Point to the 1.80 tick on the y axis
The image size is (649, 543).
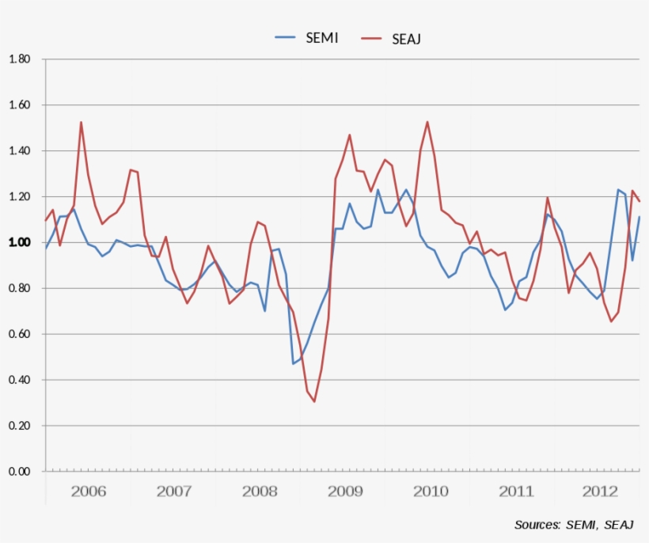pyautogui.click(x=19, y=59)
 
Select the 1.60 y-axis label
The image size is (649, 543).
pyautogui.click(x=19, y=105)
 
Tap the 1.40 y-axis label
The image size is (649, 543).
pyautogui.click(x=19, y=151)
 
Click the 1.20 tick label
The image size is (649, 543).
pyautogui.click(x=19, y=197)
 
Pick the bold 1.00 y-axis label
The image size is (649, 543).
pyautogui.click(x=19, y=243)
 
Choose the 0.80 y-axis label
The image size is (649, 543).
pyautogui.click(x=19, y=289)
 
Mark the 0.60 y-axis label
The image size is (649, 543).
pyautogui.click(x=19, y=335)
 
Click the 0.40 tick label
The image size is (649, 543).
pyautogui.click(x=19, y=381)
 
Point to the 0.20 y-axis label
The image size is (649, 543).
pyautogui.click(x=19, y=427)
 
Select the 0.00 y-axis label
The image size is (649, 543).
pyautogui.click(x=19, y=472)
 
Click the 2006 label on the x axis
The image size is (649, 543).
pyautogui.click(x=89, y=492)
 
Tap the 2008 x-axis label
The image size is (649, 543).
pyautogui.click(x=260, y=492)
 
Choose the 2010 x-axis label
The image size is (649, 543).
pyautogui.click(x=431, y=492)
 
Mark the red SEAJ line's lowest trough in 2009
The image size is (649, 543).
pyautogui.click(x=314, y=401)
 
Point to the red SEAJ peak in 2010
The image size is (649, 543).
pyautogui.click(x=427, y=122)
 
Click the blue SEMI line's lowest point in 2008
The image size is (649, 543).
pyautogui.click(x=293, y=363)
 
